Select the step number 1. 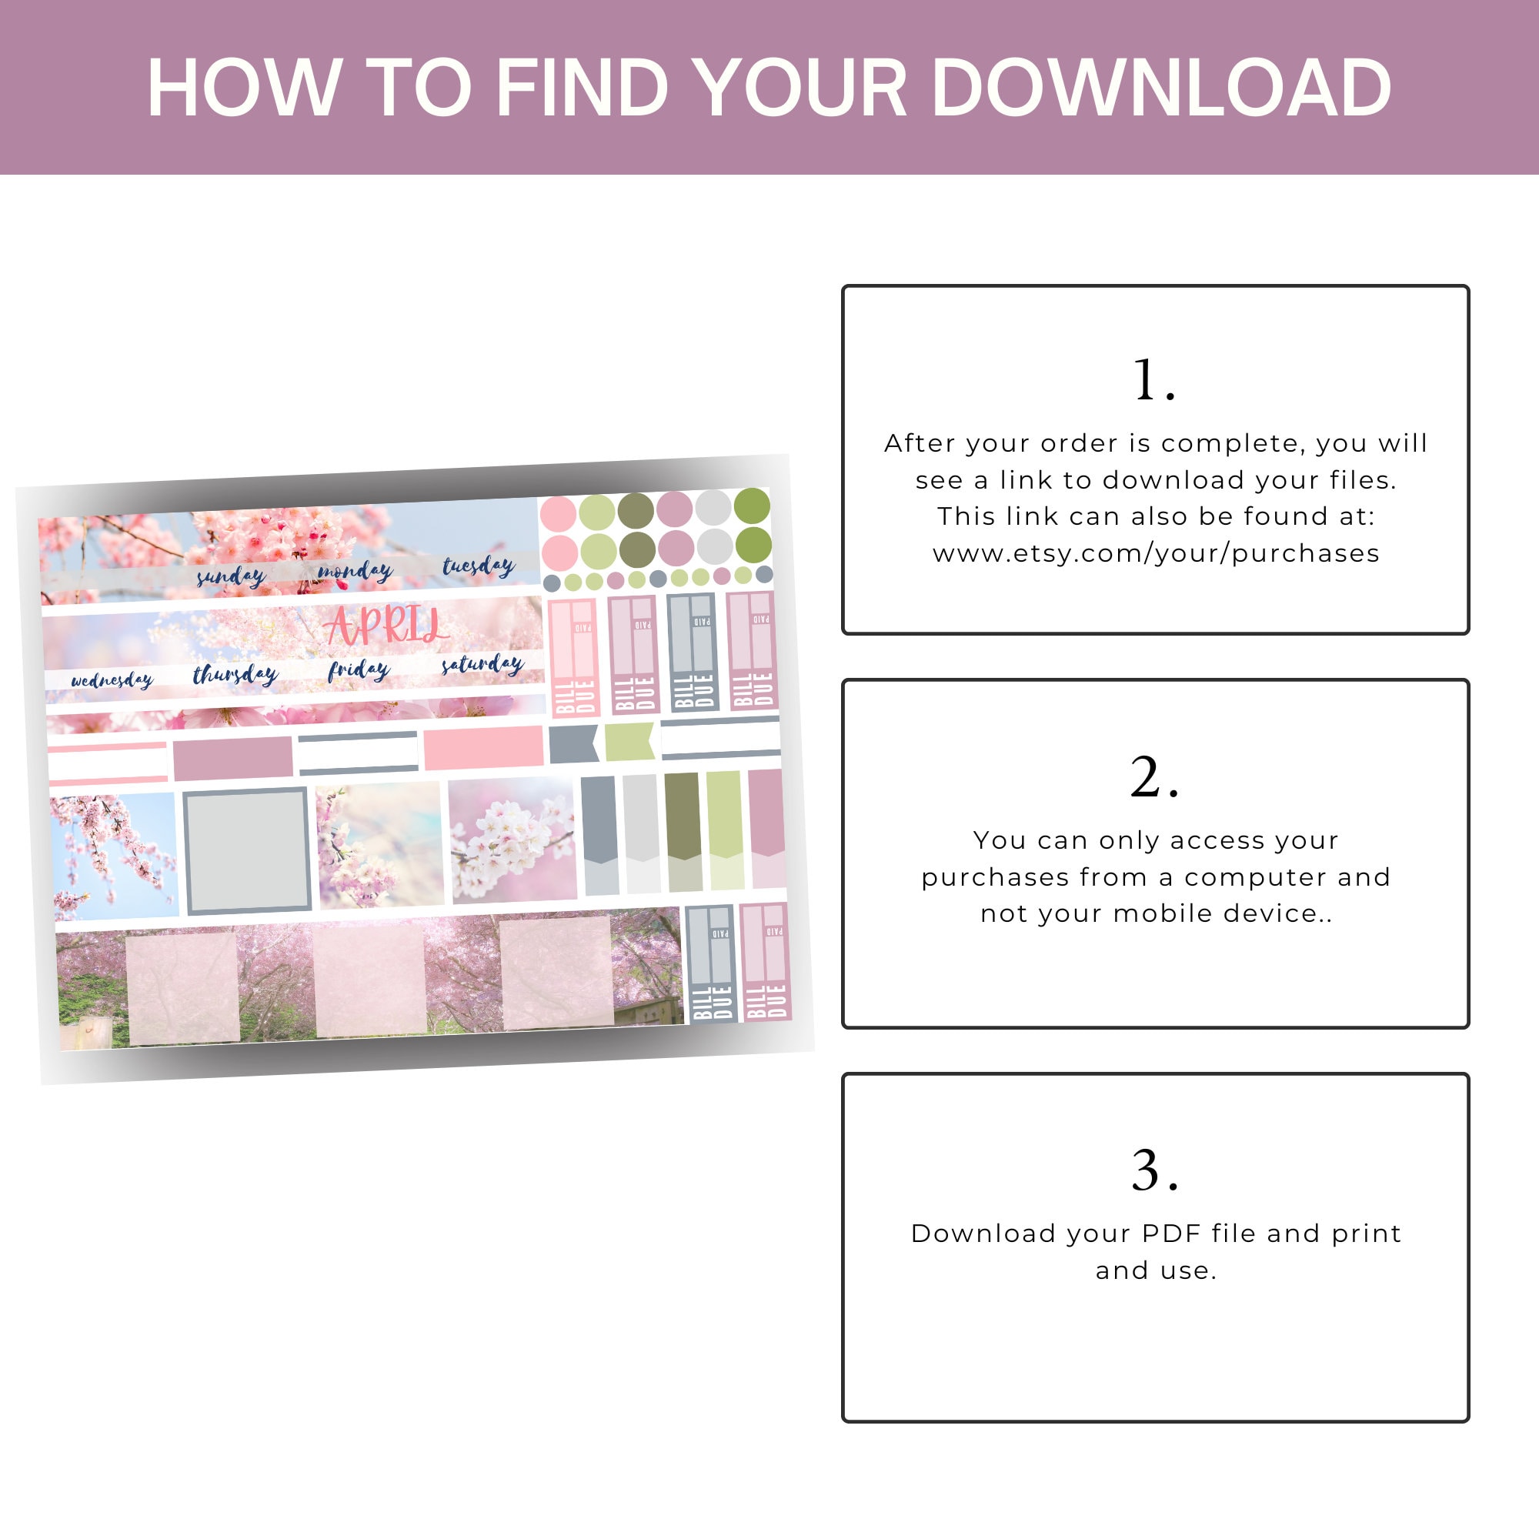coord(1153,379)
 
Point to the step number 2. coord(1153,776)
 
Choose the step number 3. coord(1153,1170)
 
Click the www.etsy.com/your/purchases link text coord(1156,553)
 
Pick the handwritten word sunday coord(231,575)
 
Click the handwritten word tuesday coord(478,566)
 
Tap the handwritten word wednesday coord(112,679)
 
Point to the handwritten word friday coord(359,670)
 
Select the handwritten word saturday coord(482,663)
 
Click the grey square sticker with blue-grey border coord(246,850)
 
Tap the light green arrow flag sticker coord(629,742)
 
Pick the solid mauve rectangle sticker coord(232,757)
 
